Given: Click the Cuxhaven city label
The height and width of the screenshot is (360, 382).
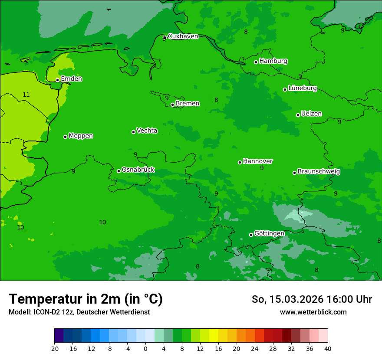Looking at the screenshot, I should coord(183,36).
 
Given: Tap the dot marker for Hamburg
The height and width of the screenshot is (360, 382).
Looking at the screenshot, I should coord(256,62).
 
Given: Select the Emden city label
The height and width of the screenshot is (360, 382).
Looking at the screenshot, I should coord(71,79).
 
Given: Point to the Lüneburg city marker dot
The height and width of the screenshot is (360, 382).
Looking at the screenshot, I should coord(285,89).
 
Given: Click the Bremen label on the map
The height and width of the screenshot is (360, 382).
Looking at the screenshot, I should coord(188,104).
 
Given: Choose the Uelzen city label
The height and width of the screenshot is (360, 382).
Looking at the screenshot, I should coord(311,114).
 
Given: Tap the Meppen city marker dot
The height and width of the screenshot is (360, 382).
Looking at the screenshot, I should coord(66,137).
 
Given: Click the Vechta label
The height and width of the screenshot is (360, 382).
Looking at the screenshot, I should coord(147,131).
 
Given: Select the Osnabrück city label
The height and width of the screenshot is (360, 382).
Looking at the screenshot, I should coord(138,170).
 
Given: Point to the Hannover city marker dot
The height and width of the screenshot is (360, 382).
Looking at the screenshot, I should coord(240,162).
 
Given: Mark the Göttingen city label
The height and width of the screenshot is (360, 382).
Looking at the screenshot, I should coord(269,234).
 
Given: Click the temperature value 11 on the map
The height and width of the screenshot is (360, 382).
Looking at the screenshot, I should coord(26,95).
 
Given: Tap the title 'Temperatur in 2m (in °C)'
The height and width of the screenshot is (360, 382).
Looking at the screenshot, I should coord(86,299).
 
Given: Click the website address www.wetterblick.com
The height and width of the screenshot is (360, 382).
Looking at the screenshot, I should coord(313,312).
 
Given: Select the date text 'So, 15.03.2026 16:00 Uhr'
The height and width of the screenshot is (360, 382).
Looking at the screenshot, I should coord(312,299).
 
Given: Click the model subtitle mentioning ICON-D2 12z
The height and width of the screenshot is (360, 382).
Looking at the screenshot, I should coord(79,312).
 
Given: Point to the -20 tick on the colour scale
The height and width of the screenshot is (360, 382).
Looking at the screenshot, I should coord(54,349).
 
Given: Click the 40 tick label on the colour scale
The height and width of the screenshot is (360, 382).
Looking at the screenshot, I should coord(327,349).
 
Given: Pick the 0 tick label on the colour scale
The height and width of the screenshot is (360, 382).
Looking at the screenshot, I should coord(145,349).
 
